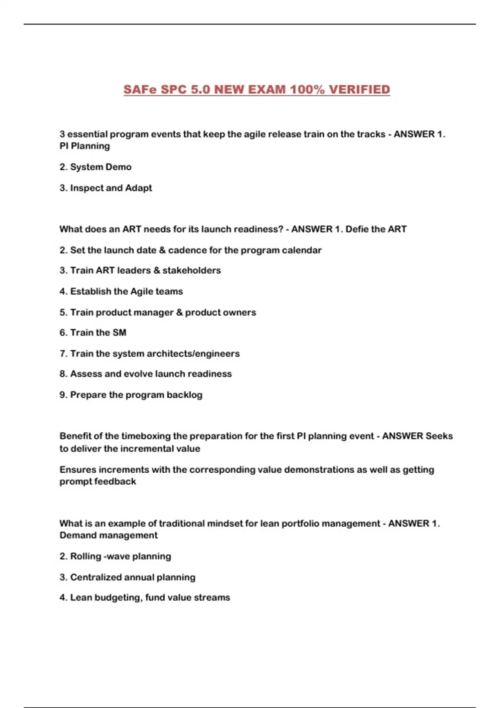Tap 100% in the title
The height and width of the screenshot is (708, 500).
(307, 90)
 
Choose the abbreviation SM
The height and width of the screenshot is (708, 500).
(119, 332)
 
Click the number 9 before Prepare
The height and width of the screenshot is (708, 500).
(62, 395)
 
